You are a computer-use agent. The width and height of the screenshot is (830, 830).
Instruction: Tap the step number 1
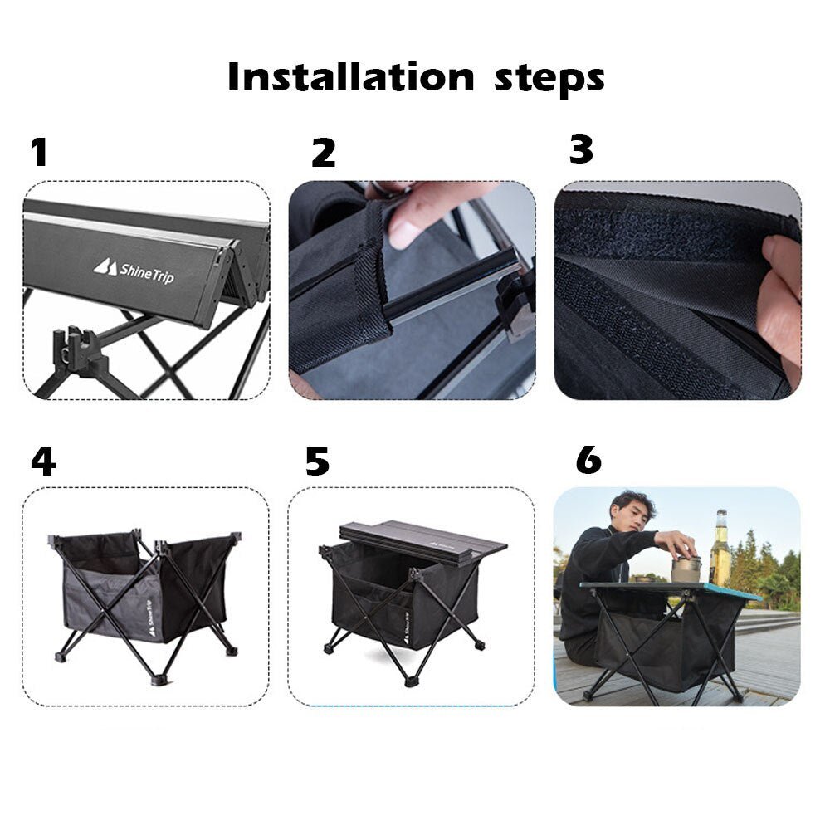point(39,153)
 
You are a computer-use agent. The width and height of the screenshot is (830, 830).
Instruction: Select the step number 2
point(324,153)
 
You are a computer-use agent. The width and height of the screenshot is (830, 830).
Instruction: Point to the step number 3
point(581,149)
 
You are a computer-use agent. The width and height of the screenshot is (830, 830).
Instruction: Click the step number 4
point(42,461)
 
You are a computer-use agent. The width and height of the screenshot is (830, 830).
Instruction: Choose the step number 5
point(317,461)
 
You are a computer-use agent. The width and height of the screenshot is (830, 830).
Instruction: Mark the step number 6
point(588,460)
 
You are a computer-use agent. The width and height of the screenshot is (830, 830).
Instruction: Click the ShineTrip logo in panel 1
point(134,271)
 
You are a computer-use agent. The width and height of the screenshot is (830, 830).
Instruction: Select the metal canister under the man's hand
point(686,568)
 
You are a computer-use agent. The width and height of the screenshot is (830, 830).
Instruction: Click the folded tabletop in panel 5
point(423,539)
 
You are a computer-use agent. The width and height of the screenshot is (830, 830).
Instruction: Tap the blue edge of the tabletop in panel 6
point(730,592)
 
